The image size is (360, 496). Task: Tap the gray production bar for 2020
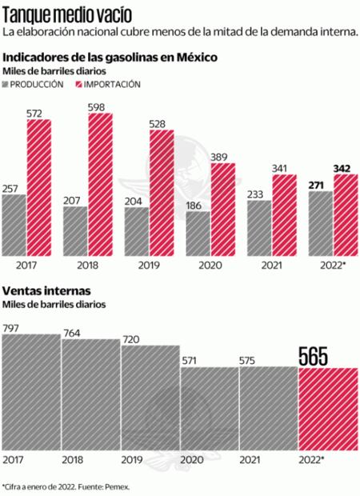198,232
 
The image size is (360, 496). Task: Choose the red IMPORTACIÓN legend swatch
79,84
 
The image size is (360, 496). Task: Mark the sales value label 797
11,326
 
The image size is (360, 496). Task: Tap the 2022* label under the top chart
332,263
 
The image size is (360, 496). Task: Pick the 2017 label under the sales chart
14,461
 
